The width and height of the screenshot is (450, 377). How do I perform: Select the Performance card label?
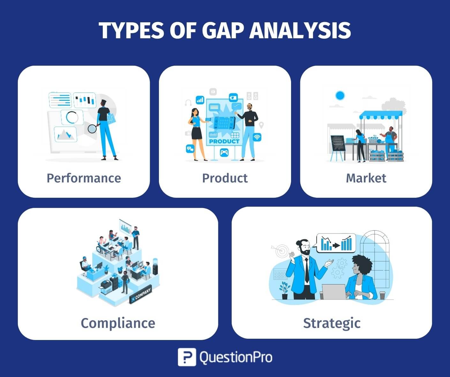[x=84, y=178]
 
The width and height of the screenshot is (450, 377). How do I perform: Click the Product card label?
[x=225, y=178]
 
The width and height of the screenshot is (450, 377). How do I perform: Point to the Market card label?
[x=366, y=178]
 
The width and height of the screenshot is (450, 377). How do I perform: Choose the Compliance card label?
[x=118, y=323]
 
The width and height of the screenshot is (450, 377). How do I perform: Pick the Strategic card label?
[x=332, y=323]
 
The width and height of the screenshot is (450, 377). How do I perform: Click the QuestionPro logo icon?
[x=187, y=357]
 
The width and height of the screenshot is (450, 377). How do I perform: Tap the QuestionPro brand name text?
[x=236, y=357]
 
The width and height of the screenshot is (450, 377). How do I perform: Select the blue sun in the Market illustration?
[x=340, y=95]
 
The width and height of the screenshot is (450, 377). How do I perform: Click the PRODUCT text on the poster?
[x=224, y=141]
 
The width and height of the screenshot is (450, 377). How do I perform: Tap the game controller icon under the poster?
[x=224, y=152]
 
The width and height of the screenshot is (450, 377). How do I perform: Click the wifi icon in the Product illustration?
[x=257, y=137]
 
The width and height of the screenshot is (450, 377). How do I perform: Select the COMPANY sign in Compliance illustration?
[x=140, y=295]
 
